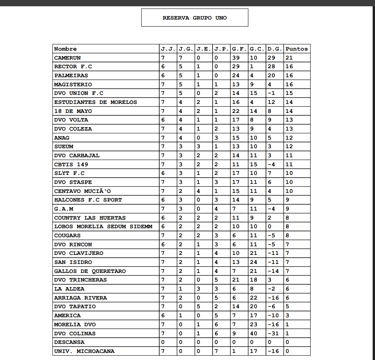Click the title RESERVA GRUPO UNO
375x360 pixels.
(x=195, y=18)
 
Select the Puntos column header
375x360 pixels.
(x=297, y=49)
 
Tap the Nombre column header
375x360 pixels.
(x=66, y=49)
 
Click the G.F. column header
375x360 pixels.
(x=239, y=49)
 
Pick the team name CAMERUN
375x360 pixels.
(x=67, y=58)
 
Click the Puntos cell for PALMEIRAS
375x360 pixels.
(x=289, y=76)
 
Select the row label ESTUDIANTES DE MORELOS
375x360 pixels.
(x=96, y=102)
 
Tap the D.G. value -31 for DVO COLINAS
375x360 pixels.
(x=273, y=334)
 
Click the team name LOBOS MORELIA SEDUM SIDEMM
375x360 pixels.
(x=103, y=227)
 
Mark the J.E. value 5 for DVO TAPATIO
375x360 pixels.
(x=198, y=307)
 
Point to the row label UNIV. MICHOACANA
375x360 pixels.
(x=84, y=351)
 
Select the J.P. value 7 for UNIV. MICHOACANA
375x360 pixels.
(x=216, y=351)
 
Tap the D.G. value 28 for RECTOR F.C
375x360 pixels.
(x=271, y=67)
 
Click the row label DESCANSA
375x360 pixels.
(x=69, y=342)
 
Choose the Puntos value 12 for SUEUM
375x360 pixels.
(x=289, y=147)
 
